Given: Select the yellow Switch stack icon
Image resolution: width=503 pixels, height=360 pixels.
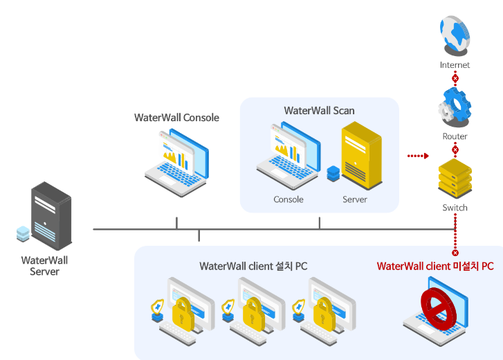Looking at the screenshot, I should coord(455,179).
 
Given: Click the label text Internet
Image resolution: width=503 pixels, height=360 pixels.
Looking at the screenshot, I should coord(455,65).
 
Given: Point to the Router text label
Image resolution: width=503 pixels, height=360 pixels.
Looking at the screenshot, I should coord(455,136).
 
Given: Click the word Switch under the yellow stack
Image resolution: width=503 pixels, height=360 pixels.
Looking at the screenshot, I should coord(455,208).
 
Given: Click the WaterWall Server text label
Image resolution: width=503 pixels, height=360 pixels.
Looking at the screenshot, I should coord(44,267).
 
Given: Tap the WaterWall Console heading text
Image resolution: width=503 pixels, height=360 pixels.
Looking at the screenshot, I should coord(176,118).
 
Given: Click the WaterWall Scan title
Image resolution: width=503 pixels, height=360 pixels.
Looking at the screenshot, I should coord(319,110).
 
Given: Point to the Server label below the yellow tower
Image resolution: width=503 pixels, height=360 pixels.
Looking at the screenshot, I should coord(354,199).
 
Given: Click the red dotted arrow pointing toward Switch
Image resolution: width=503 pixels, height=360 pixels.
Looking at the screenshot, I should coord(418,156).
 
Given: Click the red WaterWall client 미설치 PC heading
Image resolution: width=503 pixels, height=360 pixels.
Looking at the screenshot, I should coord(435,266).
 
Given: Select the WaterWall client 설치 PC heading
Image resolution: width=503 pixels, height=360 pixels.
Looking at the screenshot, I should coord(253,266).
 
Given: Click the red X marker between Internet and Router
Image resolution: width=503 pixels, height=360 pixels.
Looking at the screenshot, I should coord(455,79).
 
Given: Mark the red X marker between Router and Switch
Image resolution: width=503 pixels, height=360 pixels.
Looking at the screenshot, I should coord(455,150).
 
